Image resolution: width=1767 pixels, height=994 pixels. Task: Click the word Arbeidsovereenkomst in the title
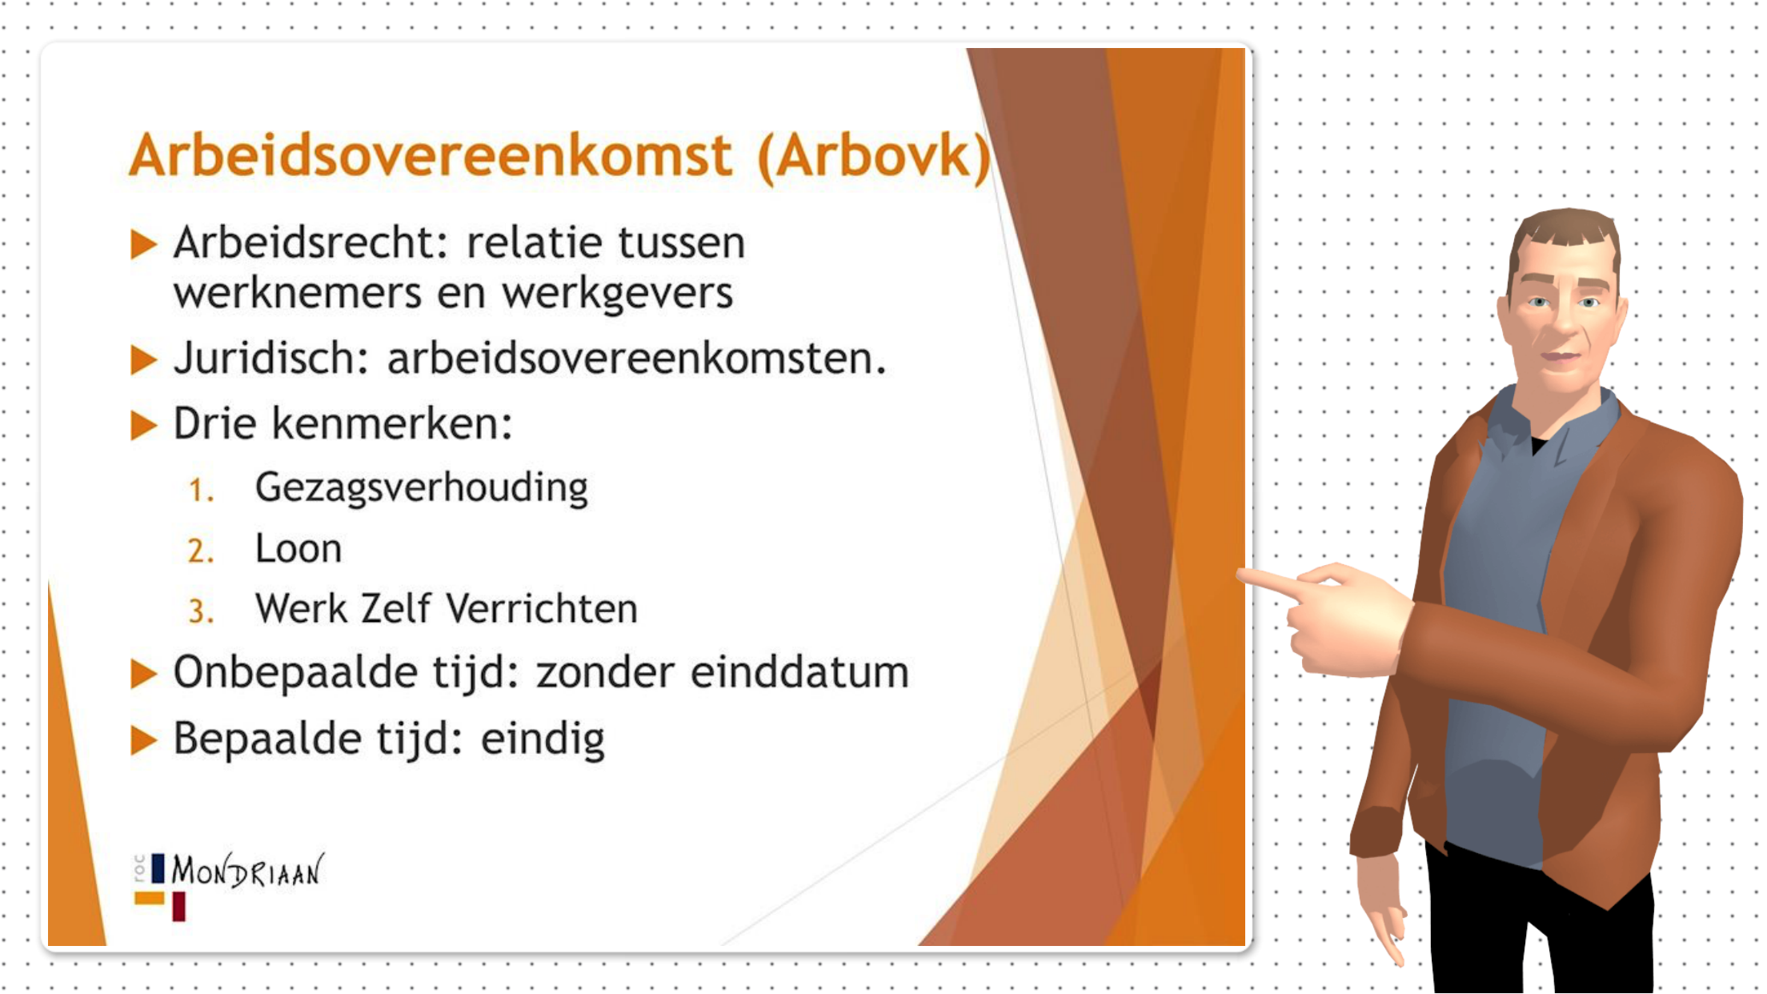(431, 155)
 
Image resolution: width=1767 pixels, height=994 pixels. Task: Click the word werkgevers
(617, 294)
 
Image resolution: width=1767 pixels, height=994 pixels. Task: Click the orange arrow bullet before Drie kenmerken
(143, 425)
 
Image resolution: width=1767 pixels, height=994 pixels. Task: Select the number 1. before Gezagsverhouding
(201, 490)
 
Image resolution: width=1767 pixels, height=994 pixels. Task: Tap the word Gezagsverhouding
(421, 488)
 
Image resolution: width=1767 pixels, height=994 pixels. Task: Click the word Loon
(298, 549)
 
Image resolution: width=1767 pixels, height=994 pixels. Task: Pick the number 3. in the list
(201, 612)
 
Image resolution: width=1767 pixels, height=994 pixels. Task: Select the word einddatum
(799, 672)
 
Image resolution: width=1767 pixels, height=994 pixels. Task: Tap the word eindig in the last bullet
(542, 739)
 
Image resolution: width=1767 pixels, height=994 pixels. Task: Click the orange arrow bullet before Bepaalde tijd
(143, 740)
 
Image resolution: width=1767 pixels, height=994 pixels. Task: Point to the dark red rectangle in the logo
(178, 907)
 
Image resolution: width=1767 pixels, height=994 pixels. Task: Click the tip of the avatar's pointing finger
(1243, 575)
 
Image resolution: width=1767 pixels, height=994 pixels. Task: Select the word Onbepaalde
(294, 672)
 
